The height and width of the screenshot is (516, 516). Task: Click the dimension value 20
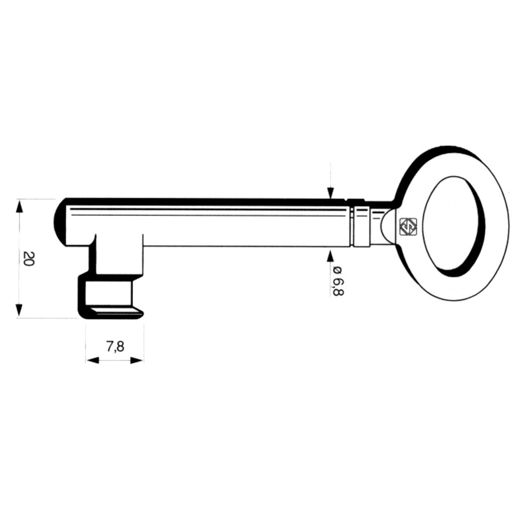point(28,259)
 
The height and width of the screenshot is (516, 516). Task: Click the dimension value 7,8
point(115,346)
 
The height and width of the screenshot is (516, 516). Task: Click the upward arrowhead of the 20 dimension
point(20,206)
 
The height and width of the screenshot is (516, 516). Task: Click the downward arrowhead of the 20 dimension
point(20,310)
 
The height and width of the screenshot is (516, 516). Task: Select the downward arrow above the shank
point(330,192)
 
